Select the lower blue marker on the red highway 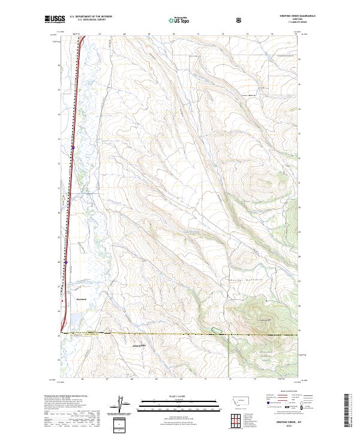coord(65,262)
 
